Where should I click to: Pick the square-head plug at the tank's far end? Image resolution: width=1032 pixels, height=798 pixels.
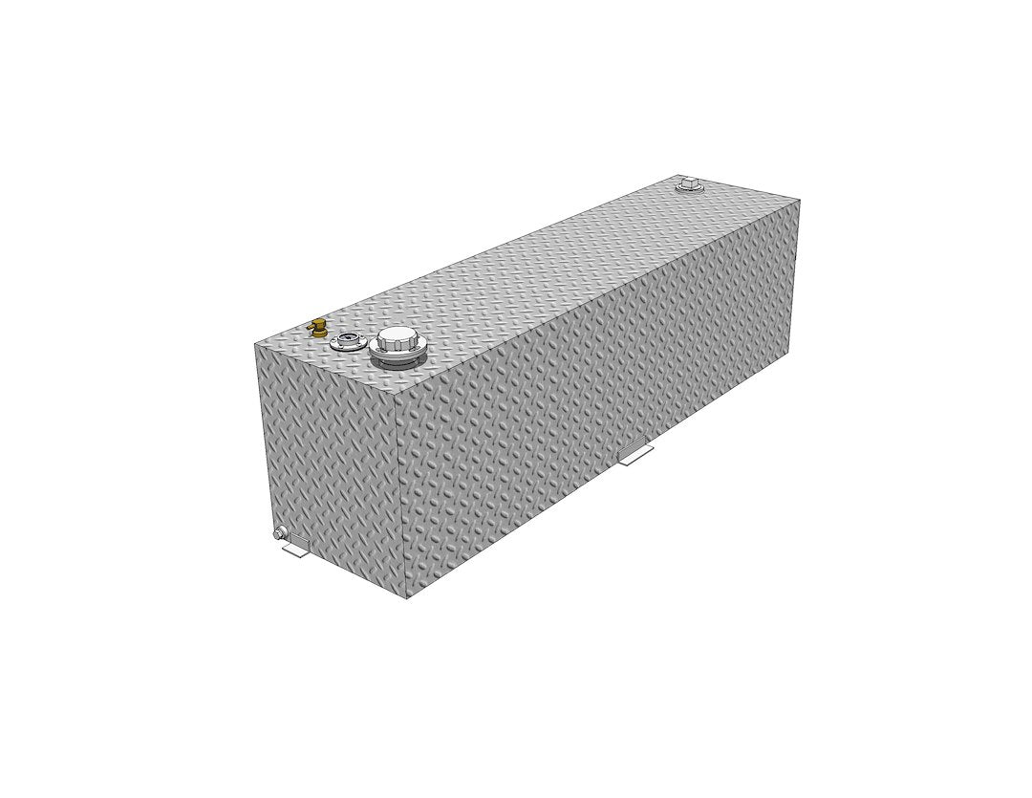[687, 183]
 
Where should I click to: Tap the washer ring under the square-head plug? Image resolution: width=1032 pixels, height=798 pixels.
[687, 190]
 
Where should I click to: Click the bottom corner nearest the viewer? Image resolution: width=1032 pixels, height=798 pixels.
[404, 599]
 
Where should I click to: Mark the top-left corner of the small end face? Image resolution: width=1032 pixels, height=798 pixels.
[257, 342]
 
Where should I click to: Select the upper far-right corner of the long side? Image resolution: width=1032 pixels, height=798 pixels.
[801, 201]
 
